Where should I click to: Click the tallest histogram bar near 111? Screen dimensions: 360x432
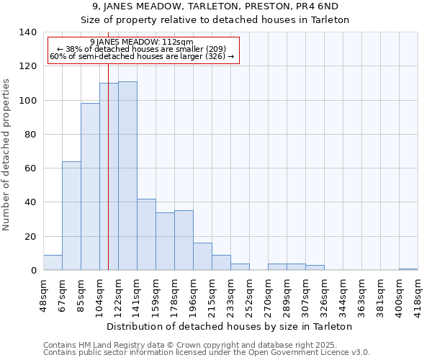(127, 176)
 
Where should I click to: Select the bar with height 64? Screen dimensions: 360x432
(71, 215)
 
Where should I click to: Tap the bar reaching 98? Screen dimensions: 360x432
(90, 186)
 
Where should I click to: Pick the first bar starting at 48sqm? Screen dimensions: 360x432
(53, 263)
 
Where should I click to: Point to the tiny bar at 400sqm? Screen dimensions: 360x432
(408, 269)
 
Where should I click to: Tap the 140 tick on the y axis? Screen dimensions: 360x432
(27, 32)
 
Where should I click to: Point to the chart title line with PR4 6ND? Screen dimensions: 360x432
(215, 6)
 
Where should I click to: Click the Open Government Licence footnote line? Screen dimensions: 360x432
(207, 353)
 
